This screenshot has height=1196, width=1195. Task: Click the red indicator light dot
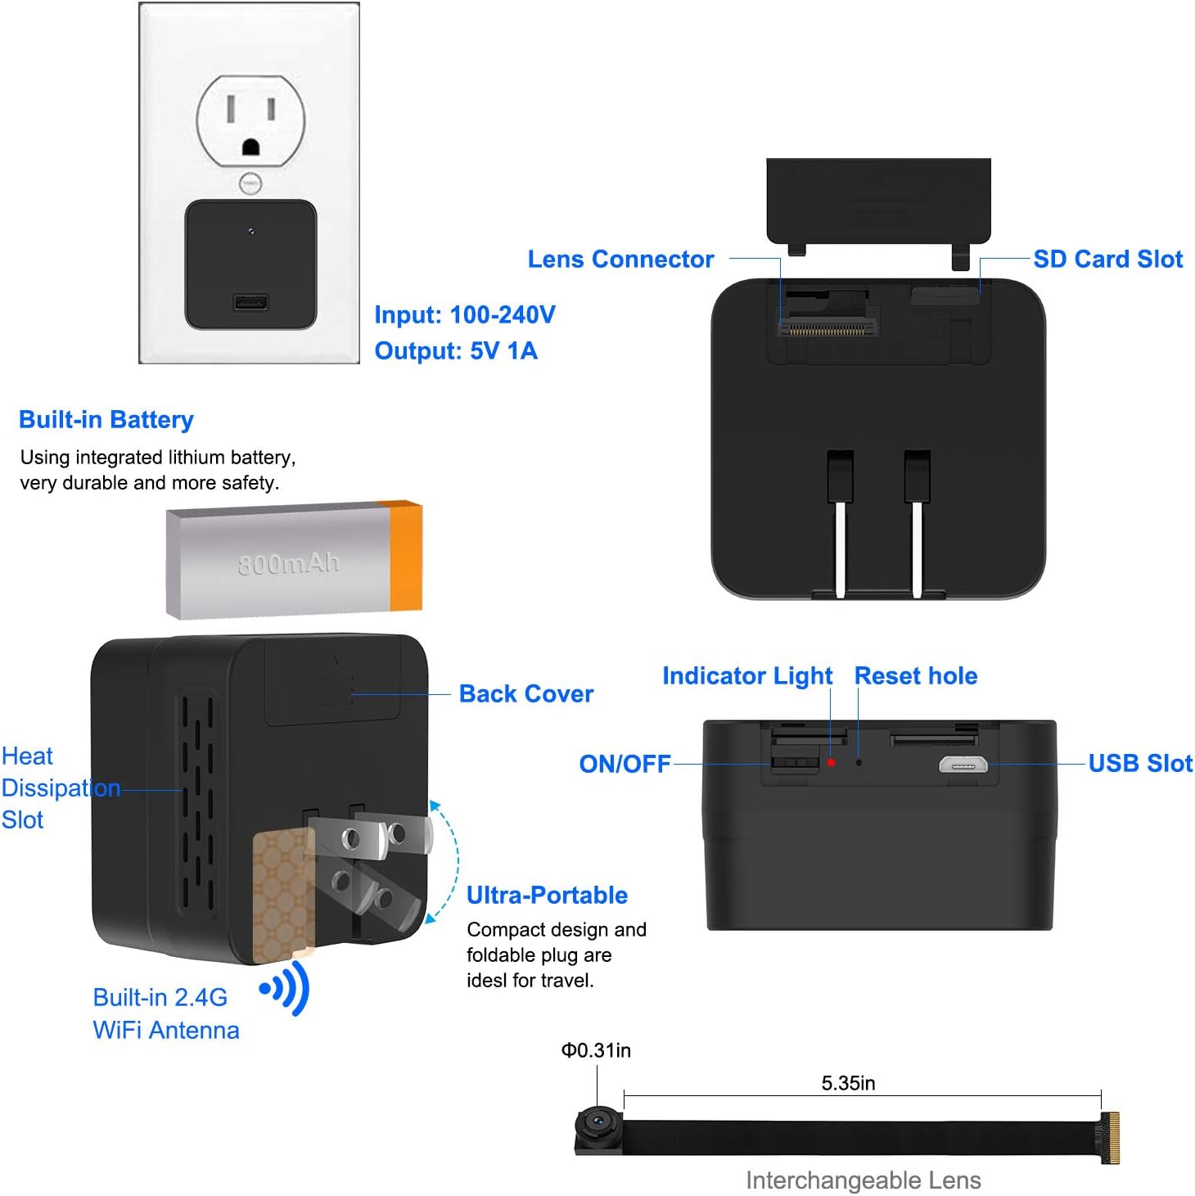(x=831, y=762)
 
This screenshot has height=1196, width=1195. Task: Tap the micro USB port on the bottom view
(x=963, y=765)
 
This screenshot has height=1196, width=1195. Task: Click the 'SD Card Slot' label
(x=1107, y=260)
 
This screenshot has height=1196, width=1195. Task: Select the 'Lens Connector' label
(x=620, y=260)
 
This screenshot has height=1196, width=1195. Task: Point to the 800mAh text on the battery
(x=288, y=563)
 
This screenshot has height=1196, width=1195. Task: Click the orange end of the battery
(x=406, y=557)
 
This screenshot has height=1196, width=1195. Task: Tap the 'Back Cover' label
(x=525, y=694)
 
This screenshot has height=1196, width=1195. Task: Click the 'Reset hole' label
(x=916, y=676)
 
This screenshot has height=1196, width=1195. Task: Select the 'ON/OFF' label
(x=625, y=764)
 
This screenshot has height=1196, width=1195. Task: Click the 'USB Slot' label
(x=1140, y=764)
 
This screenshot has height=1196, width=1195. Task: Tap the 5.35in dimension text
(x=848, y=1084)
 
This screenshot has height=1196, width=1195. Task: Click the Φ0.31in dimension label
(x=596, y=1050)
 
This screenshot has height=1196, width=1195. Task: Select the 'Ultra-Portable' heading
(x=547, y=896)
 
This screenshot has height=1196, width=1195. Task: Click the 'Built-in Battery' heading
(x=106, y=420)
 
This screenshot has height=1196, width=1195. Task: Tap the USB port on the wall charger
(x=250, y=303)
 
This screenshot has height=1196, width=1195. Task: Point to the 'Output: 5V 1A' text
(x=456, y=351)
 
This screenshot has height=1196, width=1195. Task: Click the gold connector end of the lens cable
(x=1110, y=1137)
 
